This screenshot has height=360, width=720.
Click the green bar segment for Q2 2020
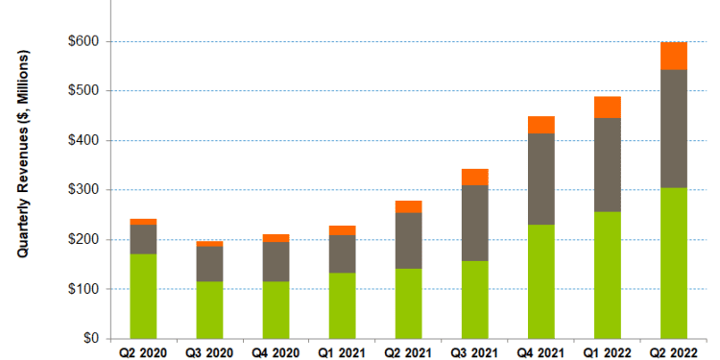click(x=144, y=296)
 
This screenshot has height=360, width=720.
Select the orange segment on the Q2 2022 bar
click(x=674, y=56)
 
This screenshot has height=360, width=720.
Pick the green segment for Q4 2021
click(x=541, y=281)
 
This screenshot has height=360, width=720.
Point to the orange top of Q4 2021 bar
click(x=541, y=125)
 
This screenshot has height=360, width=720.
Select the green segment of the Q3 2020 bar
click(x=210, y=309)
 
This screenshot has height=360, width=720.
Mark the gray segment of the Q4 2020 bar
click(x=276, y=261)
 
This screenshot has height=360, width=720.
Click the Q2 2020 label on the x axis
click(x=144, y=351)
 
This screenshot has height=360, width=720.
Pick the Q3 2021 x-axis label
click(x=475, y=351)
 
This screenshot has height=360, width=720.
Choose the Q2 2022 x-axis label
click(x=674, y=351)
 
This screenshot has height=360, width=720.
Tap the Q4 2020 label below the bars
click(x=276, y=351)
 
